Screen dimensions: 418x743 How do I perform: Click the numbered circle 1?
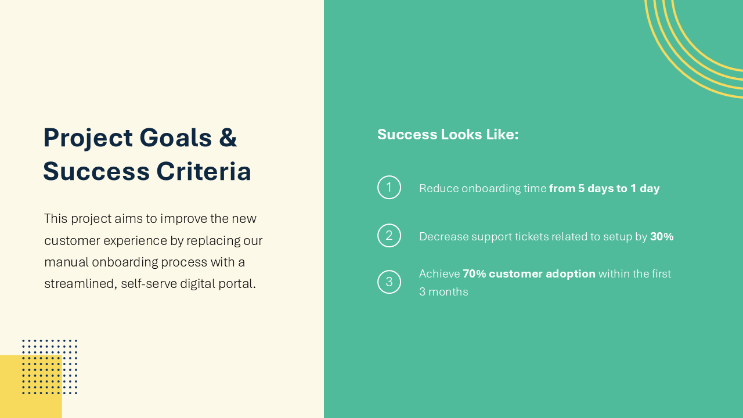click(x=389, y=188)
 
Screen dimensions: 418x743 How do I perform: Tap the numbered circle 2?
click(x=389, y=236)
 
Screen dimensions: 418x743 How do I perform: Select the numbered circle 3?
click(x=389, y=282)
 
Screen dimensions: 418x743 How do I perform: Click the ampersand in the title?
click(x=228, y=138)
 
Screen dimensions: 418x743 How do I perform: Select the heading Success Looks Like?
click(x=448, y=135)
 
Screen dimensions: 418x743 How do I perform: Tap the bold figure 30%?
click(x=662, y=237)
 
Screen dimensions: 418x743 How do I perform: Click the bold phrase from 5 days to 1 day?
click(x=604, y=189)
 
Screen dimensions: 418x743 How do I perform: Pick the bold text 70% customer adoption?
click(x=529, y=274)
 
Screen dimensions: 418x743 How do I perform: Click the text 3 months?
click(x=443, y=292)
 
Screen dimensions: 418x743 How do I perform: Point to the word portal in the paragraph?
click(x=237, y=284)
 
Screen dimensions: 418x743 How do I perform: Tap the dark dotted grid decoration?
click(x=50, y=367)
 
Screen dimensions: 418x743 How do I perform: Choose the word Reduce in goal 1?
click(x=438, y=189)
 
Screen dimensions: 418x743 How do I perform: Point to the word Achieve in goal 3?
click(x=439, y=274)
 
